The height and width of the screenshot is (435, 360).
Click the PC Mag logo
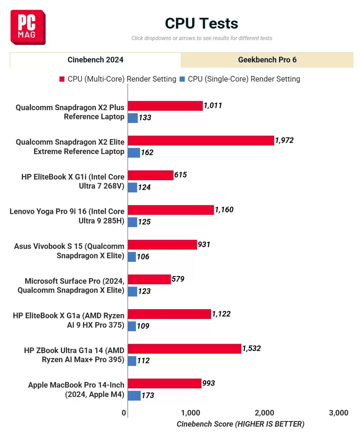tap(28, 27)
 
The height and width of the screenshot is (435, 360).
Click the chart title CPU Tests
tap(201, 23)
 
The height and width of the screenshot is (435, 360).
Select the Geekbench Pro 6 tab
tap(267, 60)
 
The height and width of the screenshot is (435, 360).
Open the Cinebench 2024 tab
tap(95, 60)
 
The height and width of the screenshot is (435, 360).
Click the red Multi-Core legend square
tap(62, 79)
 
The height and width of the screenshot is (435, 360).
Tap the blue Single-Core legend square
tap(182, 79)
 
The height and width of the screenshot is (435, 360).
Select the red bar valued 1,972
tap(201, 140)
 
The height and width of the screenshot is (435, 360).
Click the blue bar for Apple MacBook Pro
tap(134, 395)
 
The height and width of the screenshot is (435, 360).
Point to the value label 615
tap(181, 175)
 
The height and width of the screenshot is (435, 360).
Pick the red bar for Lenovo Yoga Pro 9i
tap(171, 210)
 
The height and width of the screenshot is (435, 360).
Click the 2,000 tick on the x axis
tap(264, 413)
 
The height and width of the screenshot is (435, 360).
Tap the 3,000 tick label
tap(338, 413)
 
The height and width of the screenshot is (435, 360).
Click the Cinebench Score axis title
tap(240, 424)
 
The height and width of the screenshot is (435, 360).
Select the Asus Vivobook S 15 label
tap(69, 251)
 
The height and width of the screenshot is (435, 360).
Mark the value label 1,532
tap(251, 348)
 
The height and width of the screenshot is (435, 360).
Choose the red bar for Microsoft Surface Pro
tap(149, 279)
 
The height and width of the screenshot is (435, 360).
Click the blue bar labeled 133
tap(133, 118)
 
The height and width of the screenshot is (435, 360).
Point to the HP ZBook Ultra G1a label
tap(74, 355)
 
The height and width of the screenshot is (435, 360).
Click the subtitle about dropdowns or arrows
tap(201, 38)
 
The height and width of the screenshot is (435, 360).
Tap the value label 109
tap(143, 326)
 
